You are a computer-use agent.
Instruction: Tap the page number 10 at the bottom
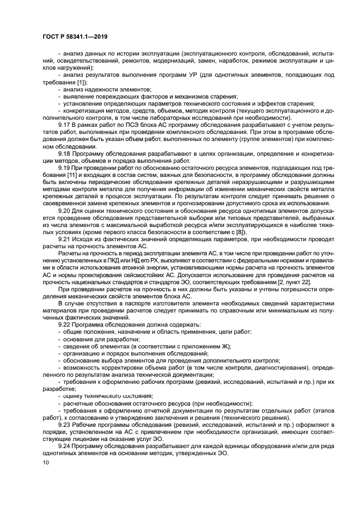pos(46,462)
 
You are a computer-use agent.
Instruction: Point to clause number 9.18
pos(64,154)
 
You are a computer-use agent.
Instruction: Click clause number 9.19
pos(64,168)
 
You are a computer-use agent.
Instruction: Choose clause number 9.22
pos(64,325)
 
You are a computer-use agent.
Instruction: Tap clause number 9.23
pos(64,424)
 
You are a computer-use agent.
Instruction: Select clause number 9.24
pos(64,445)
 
